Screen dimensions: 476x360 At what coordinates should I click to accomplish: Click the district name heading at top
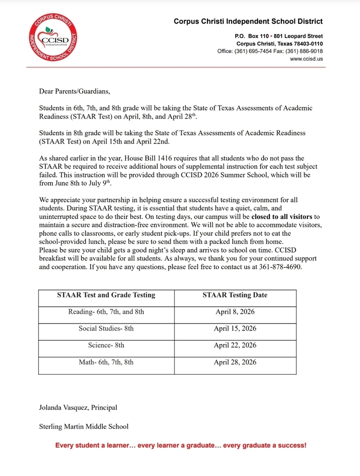tap(248, 21)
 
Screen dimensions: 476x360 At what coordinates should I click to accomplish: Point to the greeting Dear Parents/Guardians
tap(75, 92)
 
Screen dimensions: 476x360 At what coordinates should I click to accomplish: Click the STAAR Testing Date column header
tap(235, 295)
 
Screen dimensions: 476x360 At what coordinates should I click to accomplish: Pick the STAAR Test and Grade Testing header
tap(106, 295)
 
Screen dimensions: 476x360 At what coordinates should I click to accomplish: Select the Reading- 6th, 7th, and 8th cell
tap(106, 312)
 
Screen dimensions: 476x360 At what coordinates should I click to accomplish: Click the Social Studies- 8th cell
tap(106, 329)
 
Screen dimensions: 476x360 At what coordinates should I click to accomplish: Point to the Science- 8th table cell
tap(106, 345)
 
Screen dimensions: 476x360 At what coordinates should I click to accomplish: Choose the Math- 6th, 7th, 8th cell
tap(106, 362)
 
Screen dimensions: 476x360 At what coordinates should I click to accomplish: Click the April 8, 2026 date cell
tap(235, 312)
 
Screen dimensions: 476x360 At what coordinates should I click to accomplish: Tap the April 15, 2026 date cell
tap(235, 329)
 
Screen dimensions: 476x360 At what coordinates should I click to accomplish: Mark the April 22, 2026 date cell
tap(235, 345)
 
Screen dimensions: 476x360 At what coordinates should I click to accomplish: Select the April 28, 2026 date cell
tap(235, 362)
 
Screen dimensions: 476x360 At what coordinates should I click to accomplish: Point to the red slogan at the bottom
tap(180, 445)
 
